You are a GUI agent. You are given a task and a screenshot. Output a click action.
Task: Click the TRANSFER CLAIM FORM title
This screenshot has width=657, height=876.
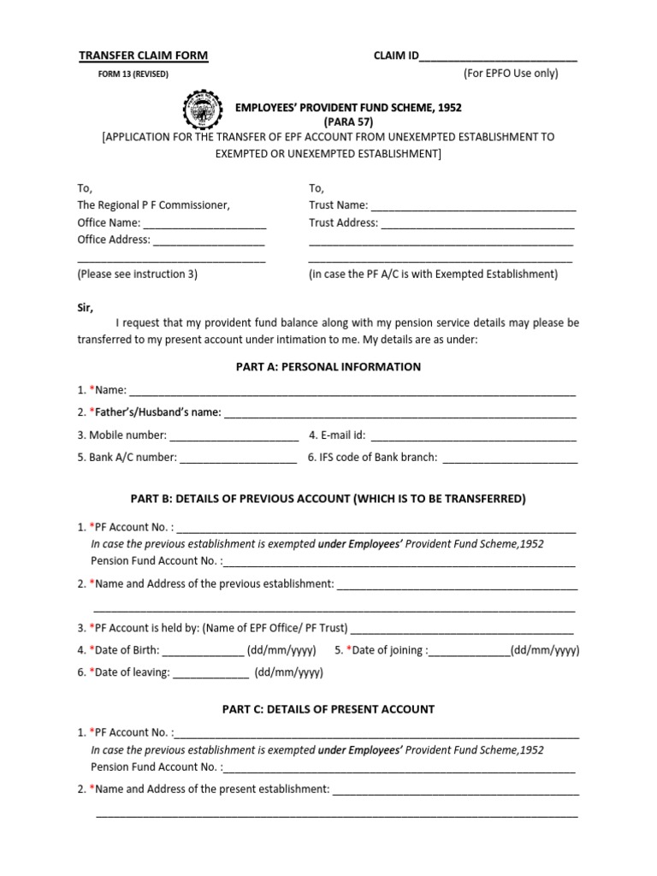[x=143, y=56]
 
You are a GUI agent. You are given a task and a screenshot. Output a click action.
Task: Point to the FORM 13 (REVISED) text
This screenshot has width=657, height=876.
[x=134, y=74]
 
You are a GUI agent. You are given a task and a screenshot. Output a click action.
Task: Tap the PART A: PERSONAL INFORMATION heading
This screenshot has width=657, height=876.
[x=328, y=367]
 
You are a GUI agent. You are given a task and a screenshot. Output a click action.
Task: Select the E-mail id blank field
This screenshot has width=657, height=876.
[x=473, y=435]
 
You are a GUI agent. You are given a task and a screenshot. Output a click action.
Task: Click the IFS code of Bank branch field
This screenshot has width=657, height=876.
[x=509, y=458]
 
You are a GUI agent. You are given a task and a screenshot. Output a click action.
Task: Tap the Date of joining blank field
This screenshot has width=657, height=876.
[x=468, y=650]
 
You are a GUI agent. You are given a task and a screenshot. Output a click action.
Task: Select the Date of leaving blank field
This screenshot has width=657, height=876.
[x=211, y=672]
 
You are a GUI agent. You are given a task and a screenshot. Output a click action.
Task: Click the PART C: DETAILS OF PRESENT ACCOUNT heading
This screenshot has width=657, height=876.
[x=328, y=709]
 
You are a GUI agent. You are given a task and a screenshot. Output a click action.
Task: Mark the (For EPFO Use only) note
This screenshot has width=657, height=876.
[x=511, y=74]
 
